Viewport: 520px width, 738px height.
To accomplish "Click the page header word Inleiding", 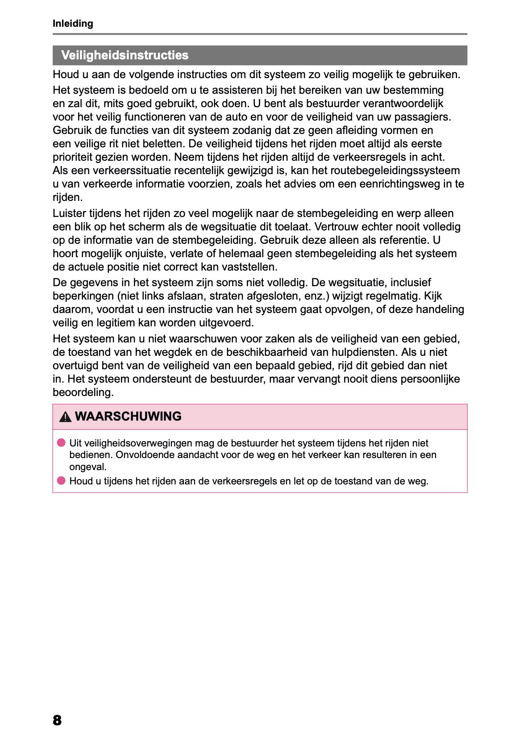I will tap(73, 24).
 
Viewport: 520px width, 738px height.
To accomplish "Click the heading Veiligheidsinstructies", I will tap(125, 55).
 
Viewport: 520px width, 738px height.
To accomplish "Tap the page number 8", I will tap(57, 720).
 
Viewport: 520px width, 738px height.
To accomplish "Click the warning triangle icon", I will tap(65, 417).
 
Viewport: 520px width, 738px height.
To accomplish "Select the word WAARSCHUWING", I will tap(128, 417).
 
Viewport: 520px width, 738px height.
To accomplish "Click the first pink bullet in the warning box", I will tap(61, 443).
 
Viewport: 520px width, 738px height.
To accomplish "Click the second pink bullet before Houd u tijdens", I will tap(61, 481).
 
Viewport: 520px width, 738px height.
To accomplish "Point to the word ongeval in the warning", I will tap(87, 467).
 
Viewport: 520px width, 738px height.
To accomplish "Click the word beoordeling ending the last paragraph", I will tap(83, 392).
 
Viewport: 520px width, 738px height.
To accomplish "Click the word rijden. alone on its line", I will tap(67, 197).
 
